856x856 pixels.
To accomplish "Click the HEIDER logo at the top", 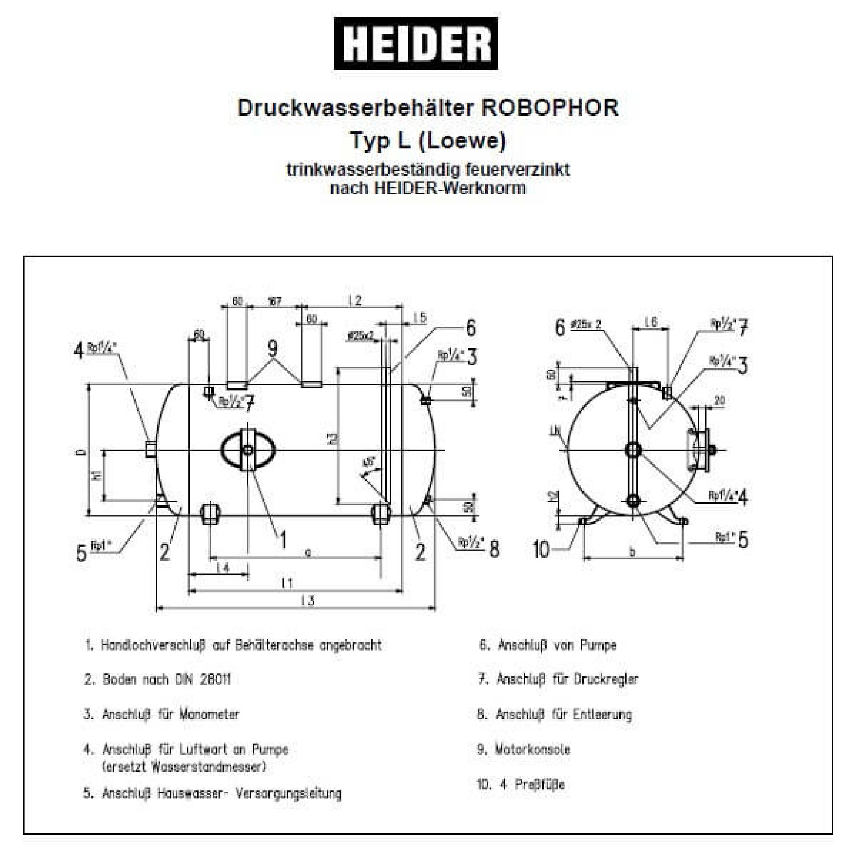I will click(415, 44).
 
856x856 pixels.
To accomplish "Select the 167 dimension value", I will click(275, 301).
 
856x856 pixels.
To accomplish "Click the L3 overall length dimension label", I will click(308, 600).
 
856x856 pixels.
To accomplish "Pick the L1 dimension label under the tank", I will click(287, 583).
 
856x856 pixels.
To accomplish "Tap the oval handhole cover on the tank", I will click(247, 450).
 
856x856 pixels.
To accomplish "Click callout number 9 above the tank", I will click(273, 348).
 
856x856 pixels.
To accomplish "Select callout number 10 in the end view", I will click(540, 549).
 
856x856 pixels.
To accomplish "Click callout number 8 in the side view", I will click(494, 549).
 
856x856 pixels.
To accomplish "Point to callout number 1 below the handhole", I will click(282, 539).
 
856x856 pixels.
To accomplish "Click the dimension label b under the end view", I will click(632, 552).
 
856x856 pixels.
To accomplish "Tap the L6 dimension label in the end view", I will click(651, 322).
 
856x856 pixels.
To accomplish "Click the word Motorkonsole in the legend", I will click(532, 749).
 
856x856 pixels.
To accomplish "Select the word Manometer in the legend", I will click(209, 714).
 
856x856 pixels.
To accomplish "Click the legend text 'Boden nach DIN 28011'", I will click(167, 679).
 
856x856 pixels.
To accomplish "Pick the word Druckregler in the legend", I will click(606, 679).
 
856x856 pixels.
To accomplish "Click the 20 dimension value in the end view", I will click(719, 401).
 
